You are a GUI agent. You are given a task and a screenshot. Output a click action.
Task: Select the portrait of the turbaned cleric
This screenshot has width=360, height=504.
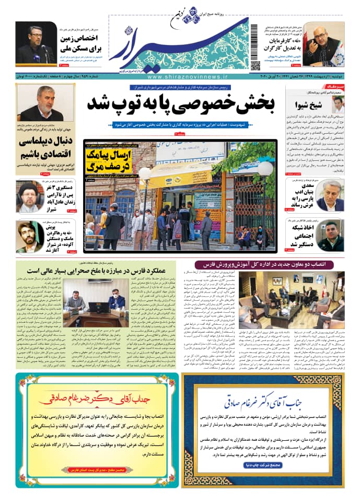29,196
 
